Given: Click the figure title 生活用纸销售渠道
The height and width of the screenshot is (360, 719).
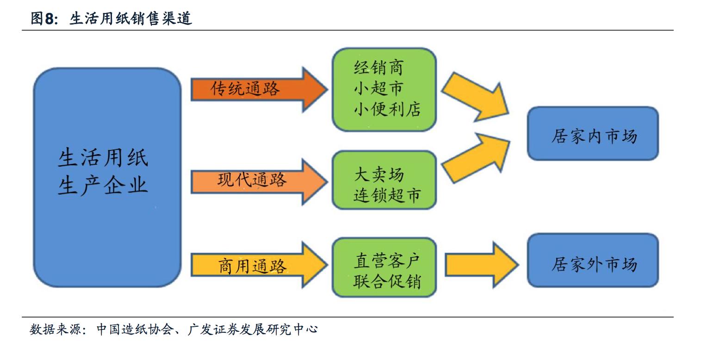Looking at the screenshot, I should coord(130,19).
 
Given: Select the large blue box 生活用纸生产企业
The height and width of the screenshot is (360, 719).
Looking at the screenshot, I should coord(107,177).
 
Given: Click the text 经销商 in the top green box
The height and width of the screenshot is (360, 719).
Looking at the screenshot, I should coord(378,68).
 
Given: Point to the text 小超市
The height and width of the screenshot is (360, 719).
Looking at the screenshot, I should coord(378,88).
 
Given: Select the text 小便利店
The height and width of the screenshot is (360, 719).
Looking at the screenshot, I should coord(387,109).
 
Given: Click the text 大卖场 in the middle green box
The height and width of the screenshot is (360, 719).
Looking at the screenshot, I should coord(378,175).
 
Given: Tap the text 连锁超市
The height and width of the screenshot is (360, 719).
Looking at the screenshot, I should coord(387,195).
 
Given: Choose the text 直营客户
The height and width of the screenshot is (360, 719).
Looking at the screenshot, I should coord(387,261).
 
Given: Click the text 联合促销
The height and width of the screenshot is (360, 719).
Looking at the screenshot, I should coord(387,281).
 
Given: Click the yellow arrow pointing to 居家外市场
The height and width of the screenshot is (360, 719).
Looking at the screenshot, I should coord(481,264).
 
